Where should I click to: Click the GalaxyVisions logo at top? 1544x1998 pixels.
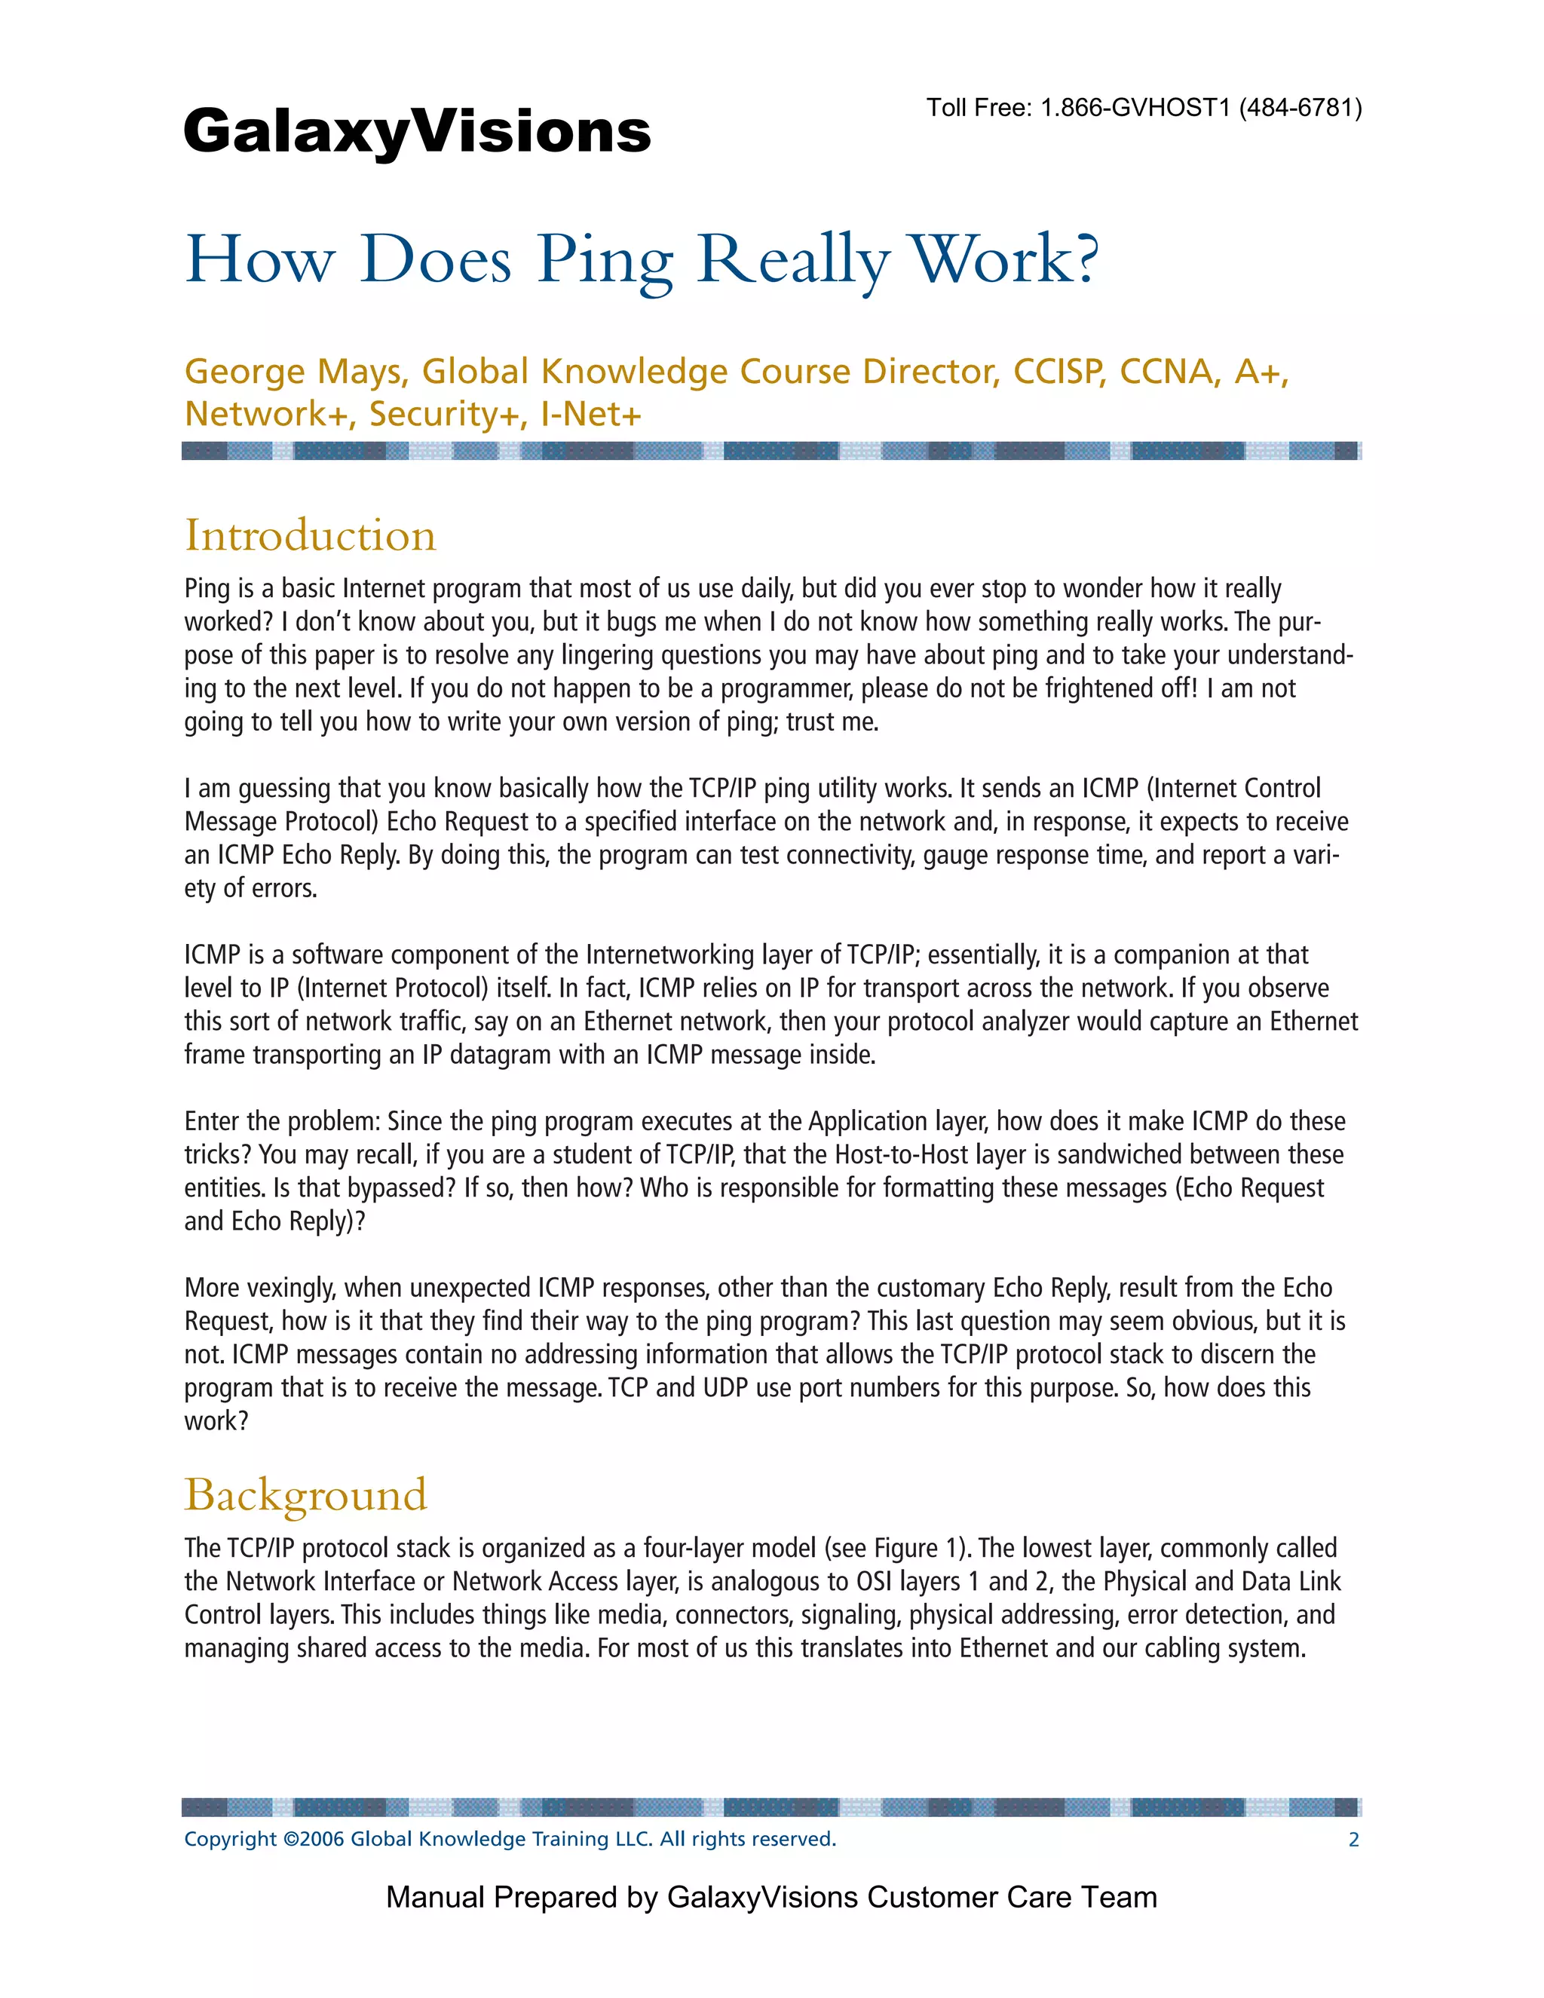pyautogui.click(x=417, y=132)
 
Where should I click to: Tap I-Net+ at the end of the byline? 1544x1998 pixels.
pyautogui.click(x=591, y=415)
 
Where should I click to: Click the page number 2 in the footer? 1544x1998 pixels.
pyautogui.click(x=1353, y=1840)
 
